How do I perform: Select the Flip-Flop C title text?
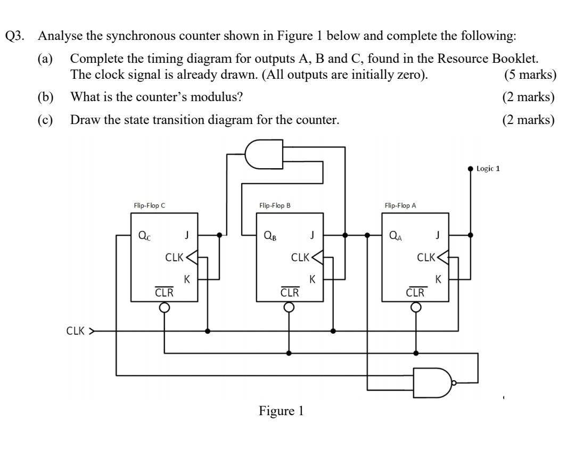pyautogui.click(x=150, y=205)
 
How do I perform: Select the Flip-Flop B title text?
pyautogui.click(x=275, y=205)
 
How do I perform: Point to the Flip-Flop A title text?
pyautogui.click(x=400, y=205)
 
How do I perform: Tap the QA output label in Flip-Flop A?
pyautogui.click(x=396, y=235)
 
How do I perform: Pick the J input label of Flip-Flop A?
pyautogui.click(x=438, y=235)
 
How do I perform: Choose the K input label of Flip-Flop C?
pyautogui.click(x=187, y=279)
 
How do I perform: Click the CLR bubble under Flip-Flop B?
pyautogui.click(x=289, y=307)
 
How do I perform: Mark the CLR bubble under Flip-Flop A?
pyautogui.click(x=415, y=307)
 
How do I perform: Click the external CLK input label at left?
pyautogui.click(x=77, y=331)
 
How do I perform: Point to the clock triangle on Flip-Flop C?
pyautogui.click(x=191, y=258)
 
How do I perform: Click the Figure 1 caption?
pyautogui.click(x=282, y=411)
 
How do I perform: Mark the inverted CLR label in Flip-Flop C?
pyautogui.click(x=164, y=292)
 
